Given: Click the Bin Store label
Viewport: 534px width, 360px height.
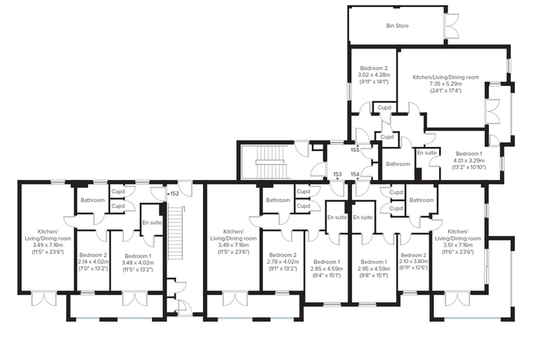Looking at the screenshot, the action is [x=398, y=25].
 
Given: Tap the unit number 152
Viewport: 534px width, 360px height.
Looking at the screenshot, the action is [x=174, y=193].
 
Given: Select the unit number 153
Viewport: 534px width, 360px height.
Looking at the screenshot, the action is [x=337, y=174].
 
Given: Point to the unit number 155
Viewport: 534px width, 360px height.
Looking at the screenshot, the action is [x=356, y=150].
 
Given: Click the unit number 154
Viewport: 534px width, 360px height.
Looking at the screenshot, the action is [x=356, y=174].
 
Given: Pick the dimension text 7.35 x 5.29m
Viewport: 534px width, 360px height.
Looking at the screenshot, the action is [x=445, y=84].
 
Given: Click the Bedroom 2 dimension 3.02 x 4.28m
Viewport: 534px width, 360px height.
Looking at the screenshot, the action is [x=374, y=75].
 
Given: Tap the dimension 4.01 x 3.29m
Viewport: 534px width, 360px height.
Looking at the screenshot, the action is [x=469, y=160].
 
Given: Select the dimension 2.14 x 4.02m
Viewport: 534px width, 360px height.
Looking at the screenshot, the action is [x=93, y=262].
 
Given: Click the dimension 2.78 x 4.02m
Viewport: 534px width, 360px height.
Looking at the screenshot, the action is [x=282, y=262].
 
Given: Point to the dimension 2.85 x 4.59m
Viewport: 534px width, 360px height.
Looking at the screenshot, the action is [x=327, y=269].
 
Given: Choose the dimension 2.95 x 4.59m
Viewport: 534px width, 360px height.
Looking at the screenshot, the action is [x=374, y=269].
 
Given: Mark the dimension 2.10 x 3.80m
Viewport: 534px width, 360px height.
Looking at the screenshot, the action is [x=414, y=262].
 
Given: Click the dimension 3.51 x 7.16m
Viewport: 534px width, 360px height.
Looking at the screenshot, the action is [x=457, y=245].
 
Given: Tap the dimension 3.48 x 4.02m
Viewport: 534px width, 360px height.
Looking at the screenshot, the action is [x=138, y=262].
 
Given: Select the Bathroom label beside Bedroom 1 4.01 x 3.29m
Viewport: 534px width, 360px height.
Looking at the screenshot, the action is [x=398, y=164].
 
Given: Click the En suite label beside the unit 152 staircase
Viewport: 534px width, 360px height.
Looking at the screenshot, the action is [x=152, y=223].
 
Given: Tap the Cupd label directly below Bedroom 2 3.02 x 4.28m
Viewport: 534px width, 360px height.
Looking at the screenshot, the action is [x=384, y=108].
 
